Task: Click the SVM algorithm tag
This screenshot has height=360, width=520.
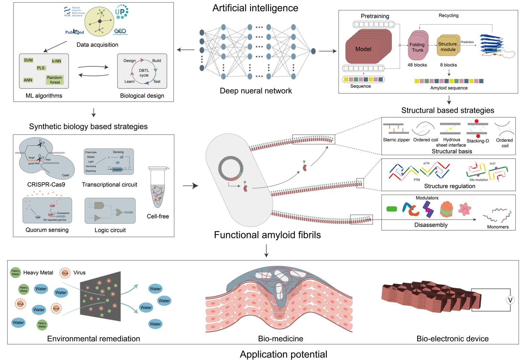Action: pos(28,60)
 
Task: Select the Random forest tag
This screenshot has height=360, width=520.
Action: pos(55,80)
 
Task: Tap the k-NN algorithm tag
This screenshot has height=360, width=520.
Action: pos(56,61)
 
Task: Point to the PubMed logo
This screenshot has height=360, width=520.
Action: pos(74,32)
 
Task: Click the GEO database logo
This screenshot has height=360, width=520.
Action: pos(120,31)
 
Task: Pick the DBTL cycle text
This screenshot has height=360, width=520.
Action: pos(144,73)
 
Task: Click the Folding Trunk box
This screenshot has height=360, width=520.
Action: pos(417,47)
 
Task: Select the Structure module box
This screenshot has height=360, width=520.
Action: pos(448,47)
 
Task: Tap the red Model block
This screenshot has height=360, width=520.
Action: pos(364,49)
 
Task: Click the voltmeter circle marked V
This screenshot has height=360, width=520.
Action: pos(510,300)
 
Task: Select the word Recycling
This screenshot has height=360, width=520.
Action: pos(448,15)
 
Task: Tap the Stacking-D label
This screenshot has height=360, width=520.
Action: pos(477,141)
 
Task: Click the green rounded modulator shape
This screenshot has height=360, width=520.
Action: pos(391,209)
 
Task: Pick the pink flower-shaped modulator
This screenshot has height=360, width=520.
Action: pos(465,209)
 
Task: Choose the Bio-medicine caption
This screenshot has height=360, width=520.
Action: pos(281,339)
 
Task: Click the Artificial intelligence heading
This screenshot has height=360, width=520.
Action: pos(255,8)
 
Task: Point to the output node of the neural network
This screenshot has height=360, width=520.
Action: pos(313,51)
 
